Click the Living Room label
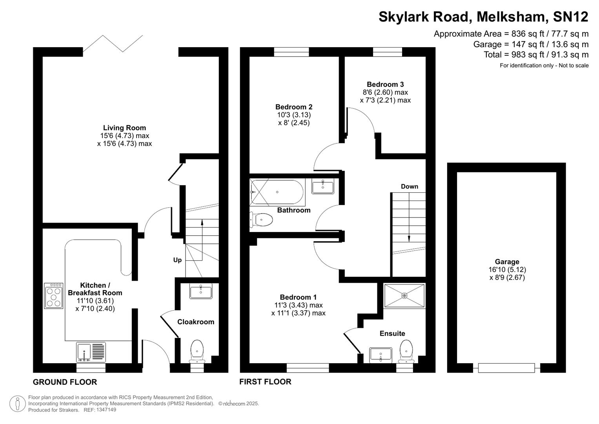[x=124, y=128]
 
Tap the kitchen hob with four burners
[x=53, y=296]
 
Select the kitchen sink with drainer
[x=91, y=352]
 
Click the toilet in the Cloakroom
[x=197, y=351]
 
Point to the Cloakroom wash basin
[x=200, y=291]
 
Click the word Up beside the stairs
[x=177, y=260]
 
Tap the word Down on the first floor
[x=409, y=186]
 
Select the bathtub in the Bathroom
[x=277, y=192]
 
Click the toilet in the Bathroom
[x=262, y=220]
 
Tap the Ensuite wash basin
[x=381, y=355]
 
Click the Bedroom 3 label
[x=385, y=84]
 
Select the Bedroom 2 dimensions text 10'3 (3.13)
[x=294, y=115]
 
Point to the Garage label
[x=507, y=261]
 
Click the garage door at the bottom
[x=506, y=368]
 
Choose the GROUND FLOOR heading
[x=65, y=382]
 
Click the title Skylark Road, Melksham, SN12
[x=483, y=17]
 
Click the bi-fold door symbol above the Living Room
[x=113, y=43]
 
